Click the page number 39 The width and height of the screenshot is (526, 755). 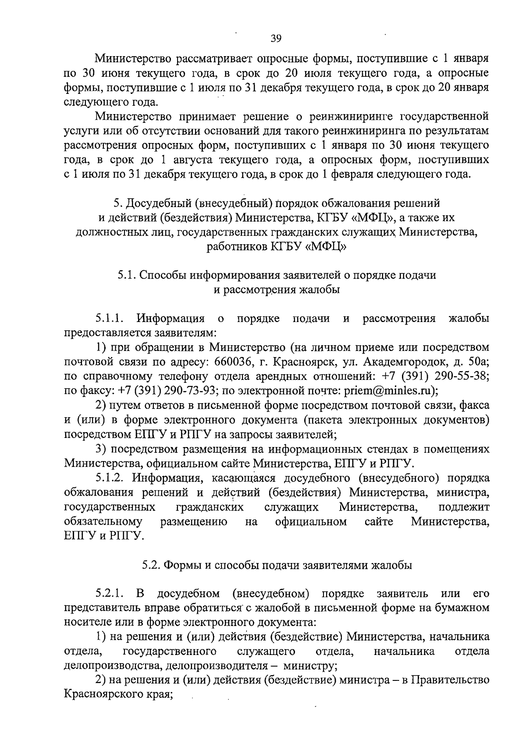[276, 38]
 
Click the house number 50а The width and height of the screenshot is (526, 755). [477, 361]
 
